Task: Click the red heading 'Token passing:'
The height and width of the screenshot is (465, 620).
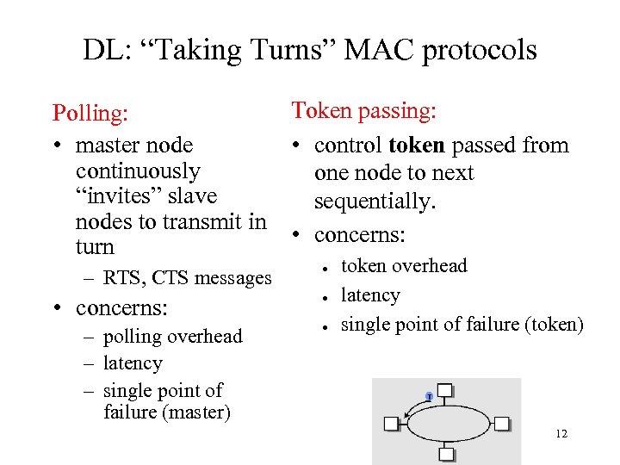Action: tap(364, 110)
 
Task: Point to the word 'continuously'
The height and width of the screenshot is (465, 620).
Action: tap(138, 170)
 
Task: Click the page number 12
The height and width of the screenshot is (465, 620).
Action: tap(561, 434)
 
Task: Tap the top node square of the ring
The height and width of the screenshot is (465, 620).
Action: tap(444, 391)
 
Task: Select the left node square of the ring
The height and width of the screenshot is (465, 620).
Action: tap(392, 423)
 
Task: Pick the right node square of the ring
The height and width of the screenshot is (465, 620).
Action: tap(502, 423)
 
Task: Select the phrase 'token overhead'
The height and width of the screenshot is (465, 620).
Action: tap(404, 266)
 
